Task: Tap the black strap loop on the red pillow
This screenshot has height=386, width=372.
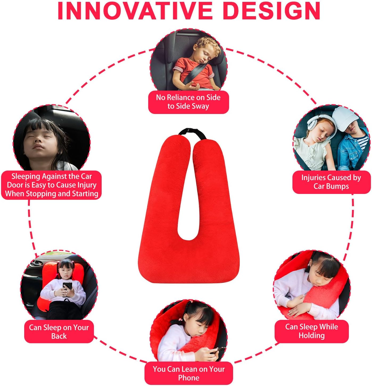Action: tap(192, 133)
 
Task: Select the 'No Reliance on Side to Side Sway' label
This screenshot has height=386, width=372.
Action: tap(188, 102)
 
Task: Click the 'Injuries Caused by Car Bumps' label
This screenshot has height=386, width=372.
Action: tap(331, 182)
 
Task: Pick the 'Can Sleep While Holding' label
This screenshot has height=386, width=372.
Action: tap(312, 331)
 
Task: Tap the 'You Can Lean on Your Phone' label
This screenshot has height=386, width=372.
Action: tap(189, 373)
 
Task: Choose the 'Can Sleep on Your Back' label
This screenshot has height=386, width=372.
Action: tap(59, 332)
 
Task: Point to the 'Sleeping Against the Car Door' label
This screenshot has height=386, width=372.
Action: tap(51, 185)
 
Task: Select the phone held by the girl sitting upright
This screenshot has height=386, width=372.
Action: tap(67, 286)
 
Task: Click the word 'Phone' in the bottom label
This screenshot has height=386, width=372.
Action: tap(189, 378)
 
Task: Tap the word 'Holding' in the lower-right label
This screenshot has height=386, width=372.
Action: tap(312, 336)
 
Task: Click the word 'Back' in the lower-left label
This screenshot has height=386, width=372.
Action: tap(59, 336)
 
